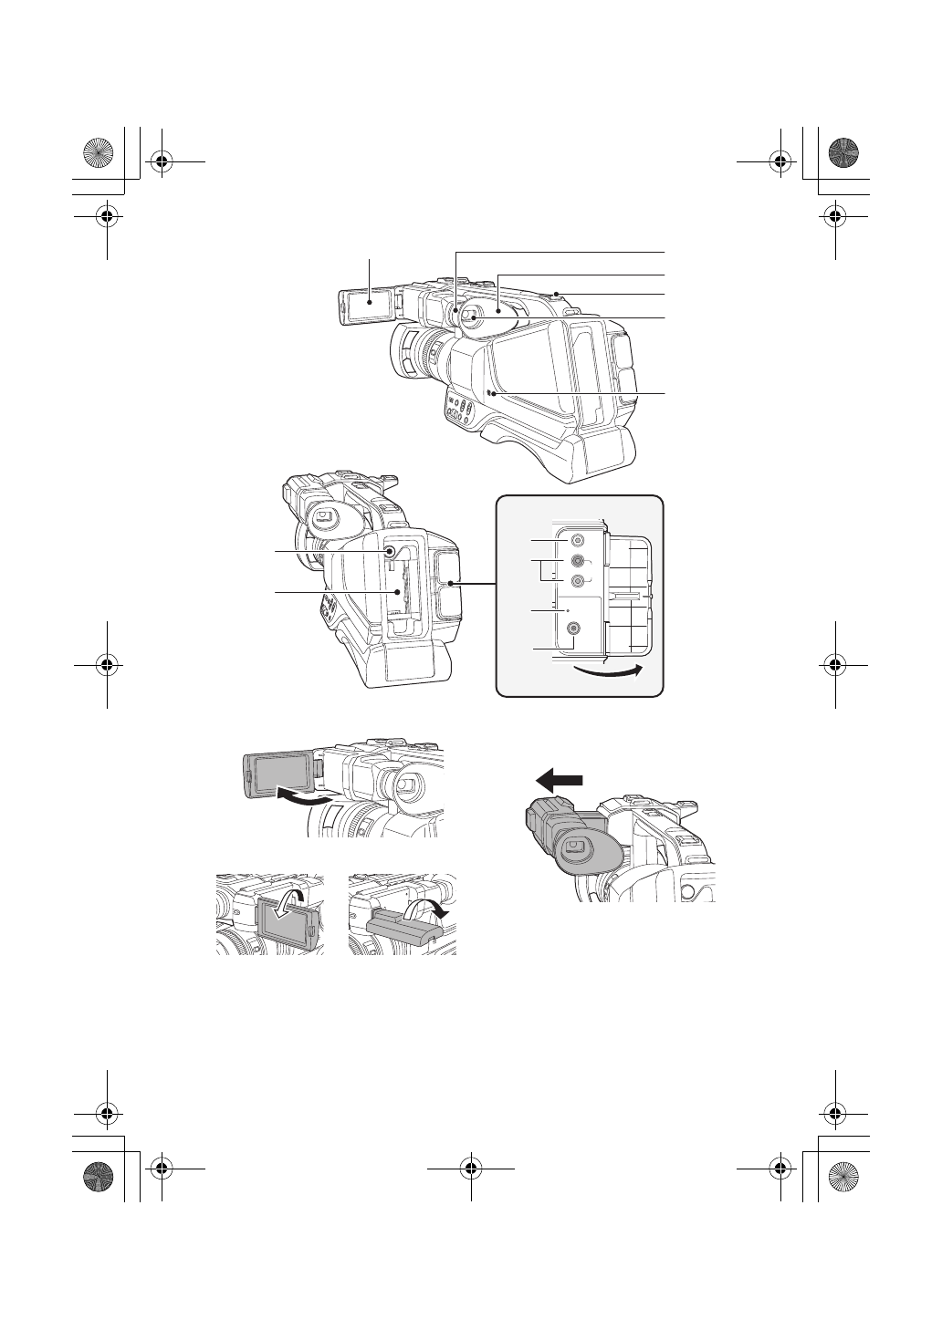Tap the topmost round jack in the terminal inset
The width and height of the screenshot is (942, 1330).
pos(577,540)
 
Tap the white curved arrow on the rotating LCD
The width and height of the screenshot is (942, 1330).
pos(294,906)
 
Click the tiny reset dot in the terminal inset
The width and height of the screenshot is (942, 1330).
pos(570,608)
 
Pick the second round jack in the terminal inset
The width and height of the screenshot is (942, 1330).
pos(577,563)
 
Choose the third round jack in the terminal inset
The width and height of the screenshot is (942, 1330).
pos(577,582)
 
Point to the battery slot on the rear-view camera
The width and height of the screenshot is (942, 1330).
pos(398,597)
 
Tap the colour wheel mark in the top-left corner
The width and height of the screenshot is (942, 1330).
pos(97,153)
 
